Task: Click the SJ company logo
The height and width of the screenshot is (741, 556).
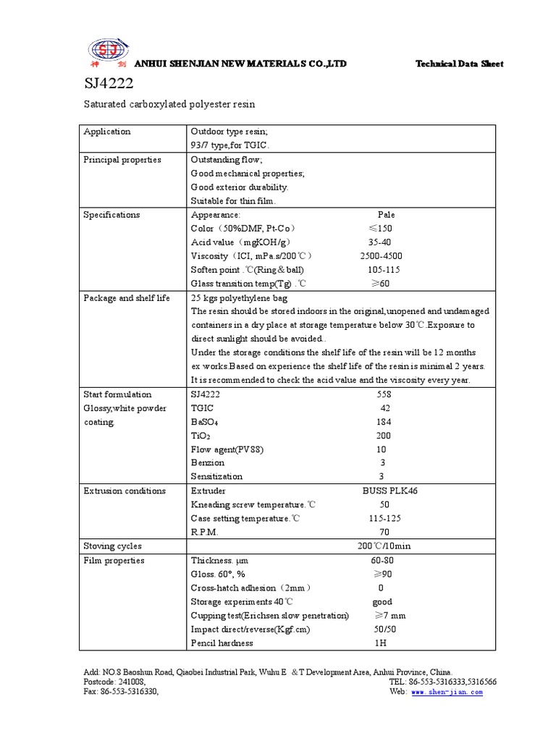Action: [x=107, y=51]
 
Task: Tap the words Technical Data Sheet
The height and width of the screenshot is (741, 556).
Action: [x=459, y=64]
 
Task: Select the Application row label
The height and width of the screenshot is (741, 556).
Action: [x=107, y=132]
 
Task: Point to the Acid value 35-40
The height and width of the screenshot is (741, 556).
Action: [x=379, y=242]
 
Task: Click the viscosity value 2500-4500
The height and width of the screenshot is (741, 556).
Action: [x=381, y=256]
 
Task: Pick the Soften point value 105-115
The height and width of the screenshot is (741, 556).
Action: [x=384, y=270]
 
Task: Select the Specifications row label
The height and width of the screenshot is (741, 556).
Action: [x=111, y=215]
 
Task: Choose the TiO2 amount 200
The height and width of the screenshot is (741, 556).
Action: [x=383, y=436]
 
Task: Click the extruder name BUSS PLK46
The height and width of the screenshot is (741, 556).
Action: [x=389, y=491]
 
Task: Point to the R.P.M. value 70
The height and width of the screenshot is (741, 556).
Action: [x=384, y=532]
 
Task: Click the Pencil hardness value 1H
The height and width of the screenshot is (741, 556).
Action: [x=381, y=643]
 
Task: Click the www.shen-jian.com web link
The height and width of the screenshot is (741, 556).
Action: [x=447, y=692]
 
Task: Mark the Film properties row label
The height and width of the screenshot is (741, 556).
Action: [x=114, y=561]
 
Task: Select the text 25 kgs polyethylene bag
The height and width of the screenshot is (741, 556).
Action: [x=239, y=298]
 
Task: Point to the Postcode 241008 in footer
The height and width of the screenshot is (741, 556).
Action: [x=115, y=682]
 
